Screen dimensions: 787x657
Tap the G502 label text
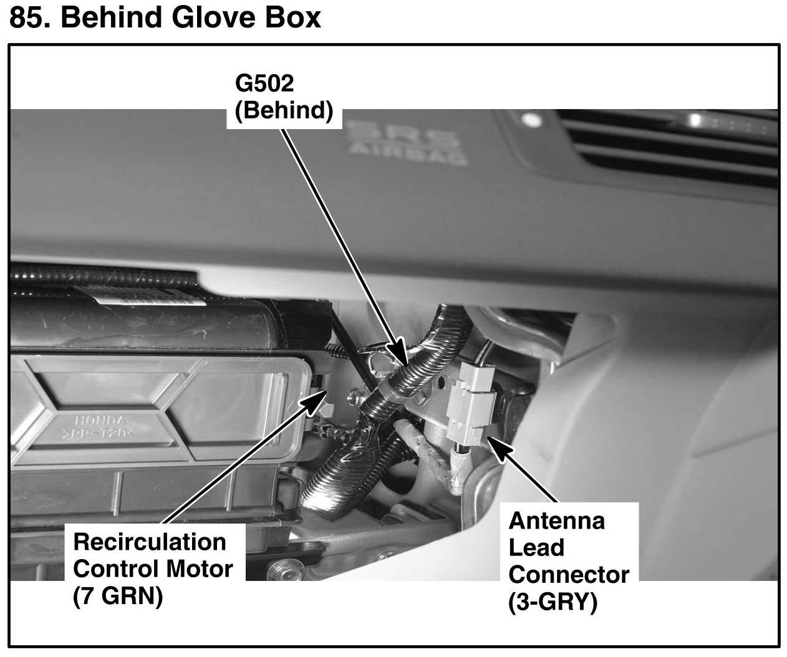coord(264,84)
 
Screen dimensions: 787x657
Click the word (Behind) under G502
coord(283,110)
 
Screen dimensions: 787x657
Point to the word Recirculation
coord(150,542)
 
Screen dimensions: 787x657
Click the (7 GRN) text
coord(118,597)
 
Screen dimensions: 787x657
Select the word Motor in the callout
coord(200,568)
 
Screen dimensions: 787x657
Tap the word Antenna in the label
coord(556,520)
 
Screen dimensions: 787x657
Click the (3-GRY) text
coord(553,602)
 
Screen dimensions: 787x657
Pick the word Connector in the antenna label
coord(569,574)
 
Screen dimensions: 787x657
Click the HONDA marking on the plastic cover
coord(101,421)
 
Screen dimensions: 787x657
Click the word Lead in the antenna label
coord(536,547)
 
